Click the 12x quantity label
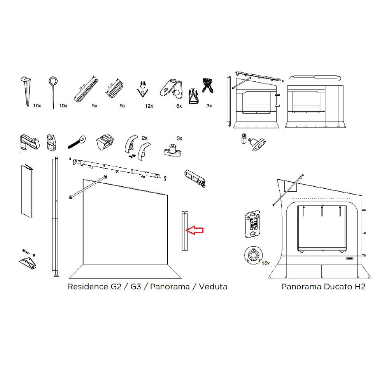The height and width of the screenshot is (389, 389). (x=149, y=106)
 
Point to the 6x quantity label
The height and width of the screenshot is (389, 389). (x=179, y=106)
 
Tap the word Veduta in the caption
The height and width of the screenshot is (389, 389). (x=213, y=287)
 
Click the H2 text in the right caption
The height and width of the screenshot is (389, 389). (x=359, y=287)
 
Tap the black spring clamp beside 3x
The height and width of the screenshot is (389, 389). (x=206, y=84)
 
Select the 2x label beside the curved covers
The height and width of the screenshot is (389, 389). (x=145, y=138)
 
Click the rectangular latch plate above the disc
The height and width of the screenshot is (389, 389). (x=252, y=224)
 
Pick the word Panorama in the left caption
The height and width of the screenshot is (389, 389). (x=170, y=287)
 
